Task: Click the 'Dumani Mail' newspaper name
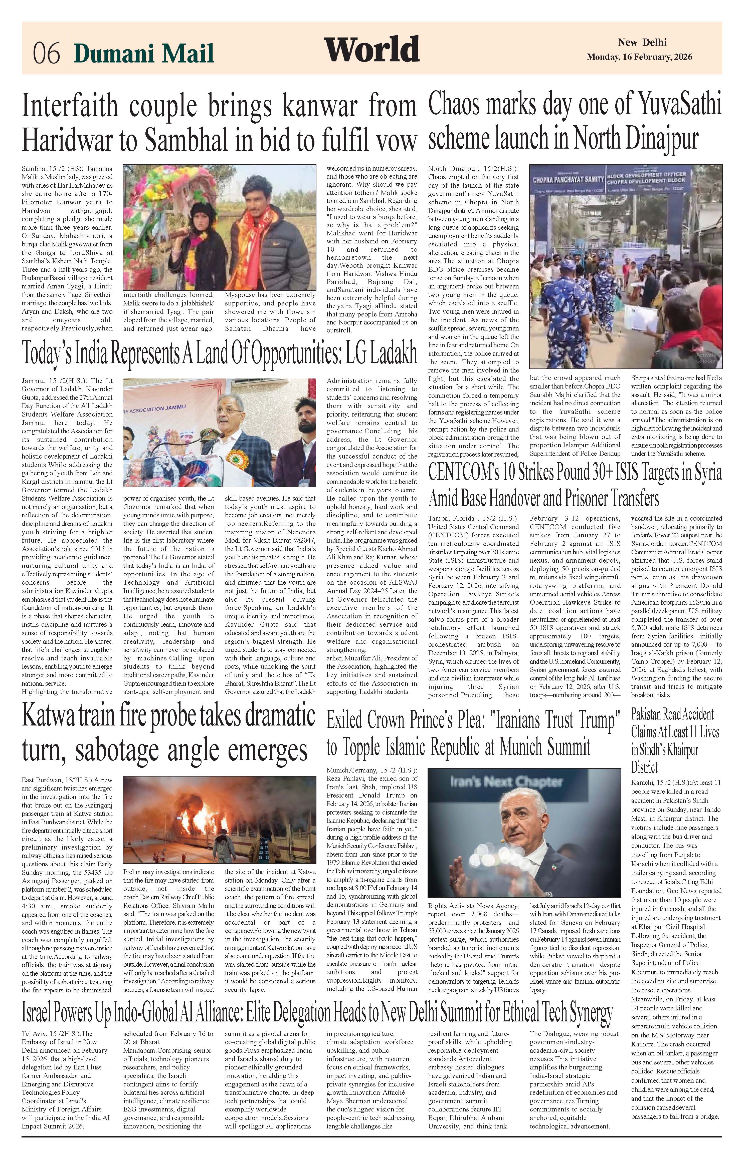click(x=143, y=53)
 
